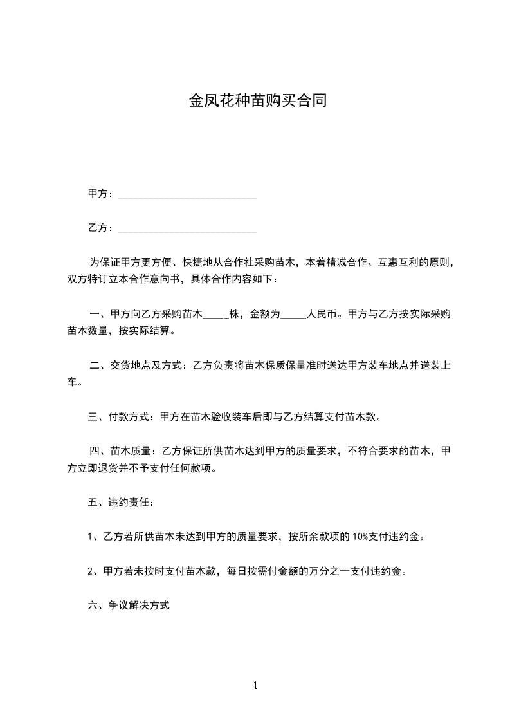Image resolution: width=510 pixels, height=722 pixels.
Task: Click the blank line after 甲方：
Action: [188, 195]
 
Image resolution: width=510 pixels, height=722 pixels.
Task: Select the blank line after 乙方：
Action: [188, 229]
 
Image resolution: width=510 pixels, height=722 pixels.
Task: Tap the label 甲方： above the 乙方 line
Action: [101, 194]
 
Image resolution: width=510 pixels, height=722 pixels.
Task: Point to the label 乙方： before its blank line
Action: [101, 228]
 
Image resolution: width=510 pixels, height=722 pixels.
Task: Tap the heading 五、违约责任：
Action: [121, 503]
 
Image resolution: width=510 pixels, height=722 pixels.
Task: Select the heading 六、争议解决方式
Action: [129, 606]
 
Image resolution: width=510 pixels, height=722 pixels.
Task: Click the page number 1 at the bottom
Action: [255, 685]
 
